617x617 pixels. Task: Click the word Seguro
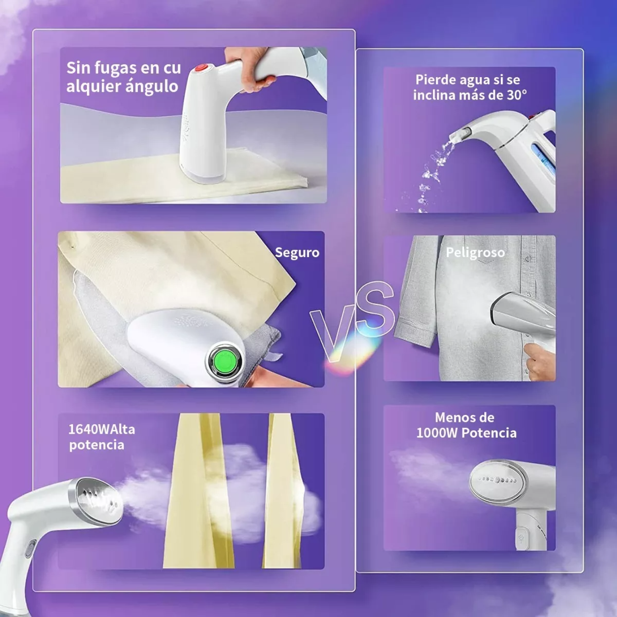pos(297,252)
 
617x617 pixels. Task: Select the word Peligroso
pos(475,252)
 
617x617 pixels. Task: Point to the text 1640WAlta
pos(102,429)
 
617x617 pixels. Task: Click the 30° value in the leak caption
pos(517,95)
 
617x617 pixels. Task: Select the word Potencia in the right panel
pos(489,433)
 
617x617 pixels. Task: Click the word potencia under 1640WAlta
pos(96,445)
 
